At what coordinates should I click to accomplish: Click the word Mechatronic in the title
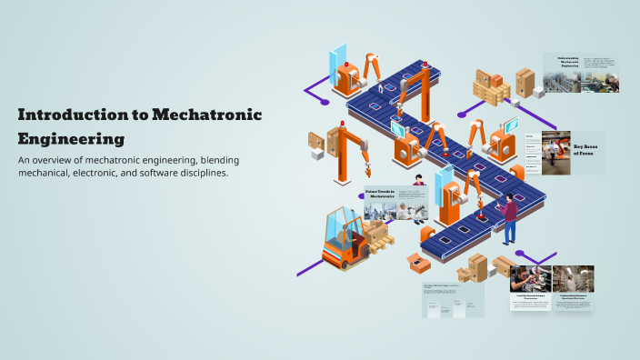[x=206, y=115]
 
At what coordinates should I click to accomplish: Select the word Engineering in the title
[x=71, y=139]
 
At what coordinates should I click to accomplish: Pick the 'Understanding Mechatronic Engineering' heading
[x=562, y=61]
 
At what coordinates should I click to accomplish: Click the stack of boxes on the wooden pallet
[x=491, y=87]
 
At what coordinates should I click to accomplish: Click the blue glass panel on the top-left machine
[x=337, y=57]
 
